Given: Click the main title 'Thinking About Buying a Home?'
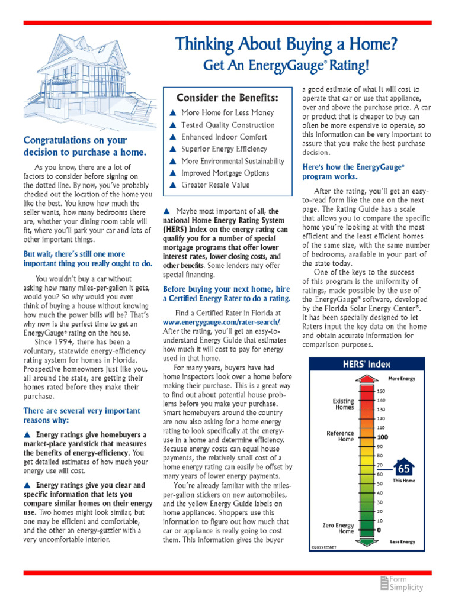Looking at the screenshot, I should point(286,44).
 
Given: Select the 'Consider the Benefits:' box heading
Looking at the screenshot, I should point(227,96).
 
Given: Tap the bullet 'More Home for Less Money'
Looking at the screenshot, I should point(227,112).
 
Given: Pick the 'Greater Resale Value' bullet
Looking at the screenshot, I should point(216,185).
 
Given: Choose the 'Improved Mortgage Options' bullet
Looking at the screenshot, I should point(225,173).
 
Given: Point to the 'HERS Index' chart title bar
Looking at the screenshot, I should point(367,365).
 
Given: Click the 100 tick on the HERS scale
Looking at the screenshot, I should point(383,437).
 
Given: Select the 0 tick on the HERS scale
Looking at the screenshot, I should point(379,530).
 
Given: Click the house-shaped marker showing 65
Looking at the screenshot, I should point(404,468).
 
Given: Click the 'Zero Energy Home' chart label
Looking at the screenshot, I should point(338,528).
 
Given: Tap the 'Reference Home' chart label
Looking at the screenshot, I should point(340,436).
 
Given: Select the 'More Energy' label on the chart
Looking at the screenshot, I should point(401,378).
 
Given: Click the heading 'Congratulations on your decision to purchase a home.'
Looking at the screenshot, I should point(75,146).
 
